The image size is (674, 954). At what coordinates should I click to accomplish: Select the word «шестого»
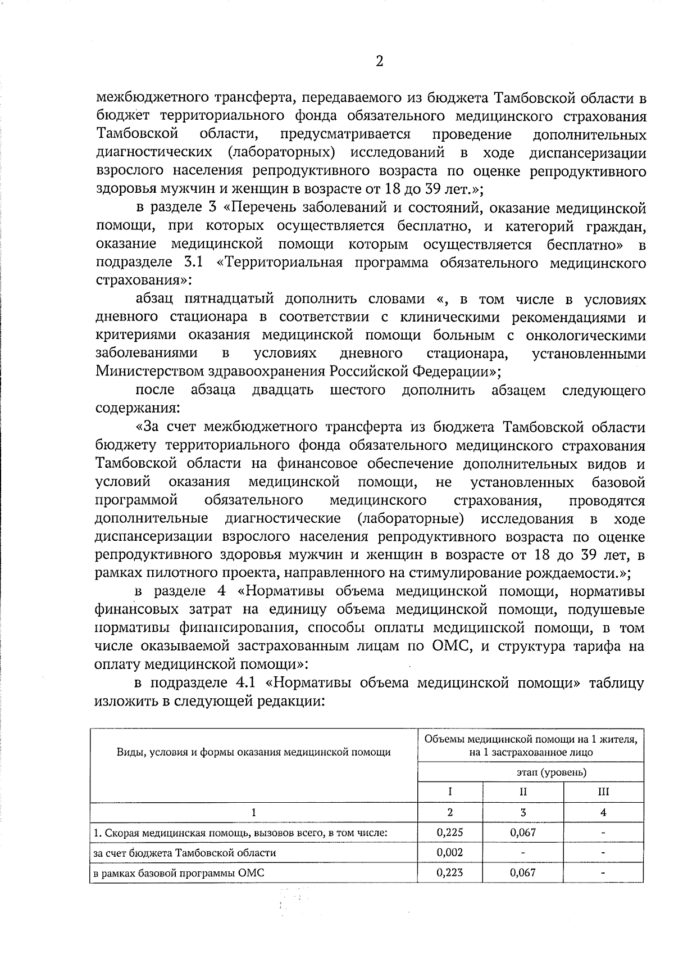pos(357,390)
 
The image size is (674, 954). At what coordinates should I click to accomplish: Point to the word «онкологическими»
pos(586,336)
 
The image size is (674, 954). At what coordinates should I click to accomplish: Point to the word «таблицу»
pos(616,683)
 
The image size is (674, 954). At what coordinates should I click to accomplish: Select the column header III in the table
pos(603,792)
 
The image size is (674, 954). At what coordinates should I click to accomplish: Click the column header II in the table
pos(522,792)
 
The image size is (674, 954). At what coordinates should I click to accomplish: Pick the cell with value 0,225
pos(450,833)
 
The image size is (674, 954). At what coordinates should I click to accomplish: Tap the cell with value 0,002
pos(450,852)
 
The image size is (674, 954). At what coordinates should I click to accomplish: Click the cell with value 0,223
pos(450,872)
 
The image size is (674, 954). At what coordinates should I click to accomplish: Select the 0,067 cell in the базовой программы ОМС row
pos(522,872)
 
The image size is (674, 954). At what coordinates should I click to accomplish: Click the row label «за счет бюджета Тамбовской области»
pos(185,853)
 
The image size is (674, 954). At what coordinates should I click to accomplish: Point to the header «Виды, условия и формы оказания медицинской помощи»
pos(253,752)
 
